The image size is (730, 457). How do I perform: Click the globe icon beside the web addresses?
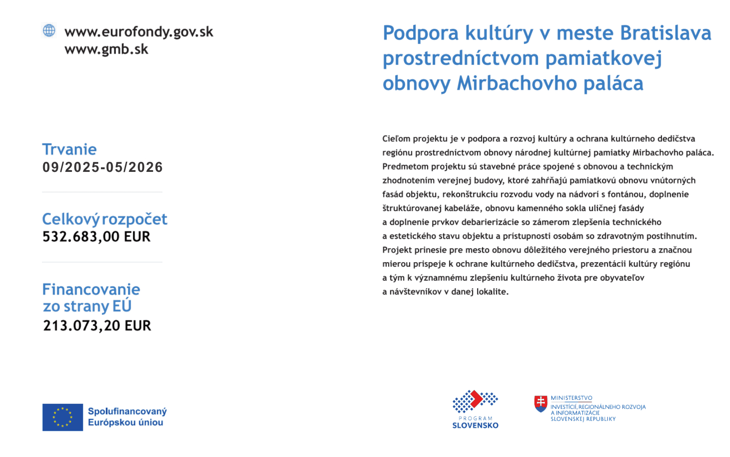tap(49, 31)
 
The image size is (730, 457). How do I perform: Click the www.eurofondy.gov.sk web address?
tap(139, 32)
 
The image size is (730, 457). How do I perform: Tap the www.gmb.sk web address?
tap(106, 49)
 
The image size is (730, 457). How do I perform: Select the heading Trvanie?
tap(69, 149)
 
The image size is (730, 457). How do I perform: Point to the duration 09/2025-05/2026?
tap(103, 167)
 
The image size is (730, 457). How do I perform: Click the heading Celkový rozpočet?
tap(105, 219)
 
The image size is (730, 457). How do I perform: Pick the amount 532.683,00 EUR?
tap(96, 237)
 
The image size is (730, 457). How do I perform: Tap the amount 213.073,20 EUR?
tap(97, 326)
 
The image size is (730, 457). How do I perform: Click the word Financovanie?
tap(91, 289)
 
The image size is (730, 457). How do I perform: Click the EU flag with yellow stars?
tap(63, 417)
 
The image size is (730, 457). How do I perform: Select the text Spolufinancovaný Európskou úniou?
tap(127, 417)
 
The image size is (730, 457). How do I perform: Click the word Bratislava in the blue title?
tap(666, 33)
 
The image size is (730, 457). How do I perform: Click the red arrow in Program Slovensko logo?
tap(476, 398)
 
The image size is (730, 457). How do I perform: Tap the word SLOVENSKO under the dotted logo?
tap(475, 425)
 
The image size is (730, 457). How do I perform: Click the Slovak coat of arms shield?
tap(541, 403)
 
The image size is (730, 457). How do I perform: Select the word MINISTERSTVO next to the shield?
tap(571, 398)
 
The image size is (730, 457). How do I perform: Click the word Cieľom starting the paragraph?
tap(397, 139)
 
